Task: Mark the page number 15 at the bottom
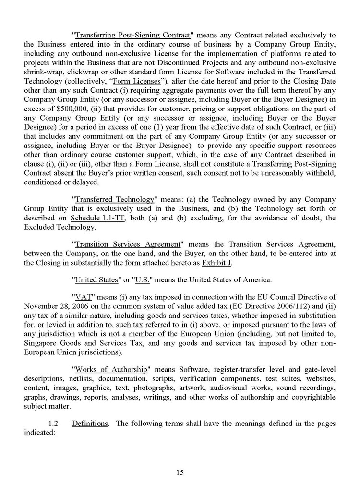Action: click(x=180, y=473)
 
